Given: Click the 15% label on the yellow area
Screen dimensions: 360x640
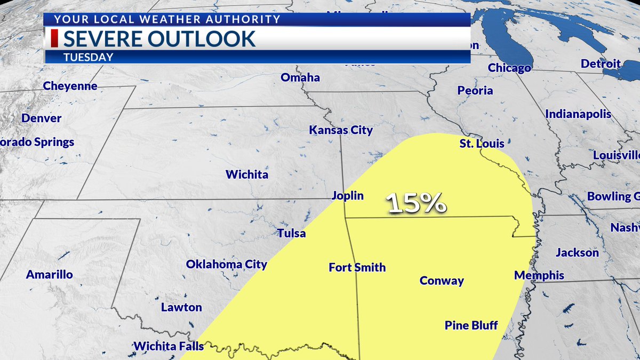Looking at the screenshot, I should click(x=416, y=203).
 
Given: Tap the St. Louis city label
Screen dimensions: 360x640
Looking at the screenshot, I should click(x=482, y=144).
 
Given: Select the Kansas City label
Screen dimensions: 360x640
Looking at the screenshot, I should click(x=341, y=130).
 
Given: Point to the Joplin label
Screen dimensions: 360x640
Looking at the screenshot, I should click(x=347, y=196).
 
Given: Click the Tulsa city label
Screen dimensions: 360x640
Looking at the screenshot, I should click(x=291, y=233).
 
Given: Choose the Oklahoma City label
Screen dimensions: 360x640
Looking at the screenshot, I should click(x=226, y=265).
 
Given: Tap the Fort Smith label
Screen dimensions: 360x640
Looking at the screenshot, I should click(x=357, y=267).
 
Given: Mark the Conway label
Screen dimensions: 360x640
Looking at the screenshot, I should click(x=442, y=281).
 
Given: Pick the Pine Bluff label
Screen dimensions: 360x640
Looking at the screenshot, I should click(x=471, y=325).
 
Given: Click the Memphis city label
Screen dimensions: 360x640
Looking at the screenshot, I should click(x=539, y=275).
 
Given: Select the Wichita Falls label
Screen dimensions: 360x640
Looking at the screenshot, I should click(x=169, y=346).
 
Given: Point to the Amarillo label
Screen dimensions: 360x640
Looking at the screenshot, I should click(x=50, y=275).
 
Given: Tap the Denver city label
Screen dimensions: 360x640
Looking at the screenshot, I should click(x=42, y=118).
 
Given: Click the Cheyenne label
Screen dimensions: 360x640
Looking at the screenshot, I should click(x=70, y=86).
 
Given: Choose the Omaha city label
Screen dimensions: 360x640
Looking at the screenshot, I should click(x=300, y=77).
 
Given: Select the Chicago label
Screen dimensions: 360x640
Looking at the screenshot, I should click(x=509, y=68).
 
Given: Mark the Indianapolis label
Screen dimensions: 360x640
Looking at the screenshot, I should click(x=578, y=114).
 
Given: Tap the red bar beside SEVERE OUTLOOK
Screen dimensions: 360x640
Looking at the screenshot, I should click(x=53, y=39).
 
